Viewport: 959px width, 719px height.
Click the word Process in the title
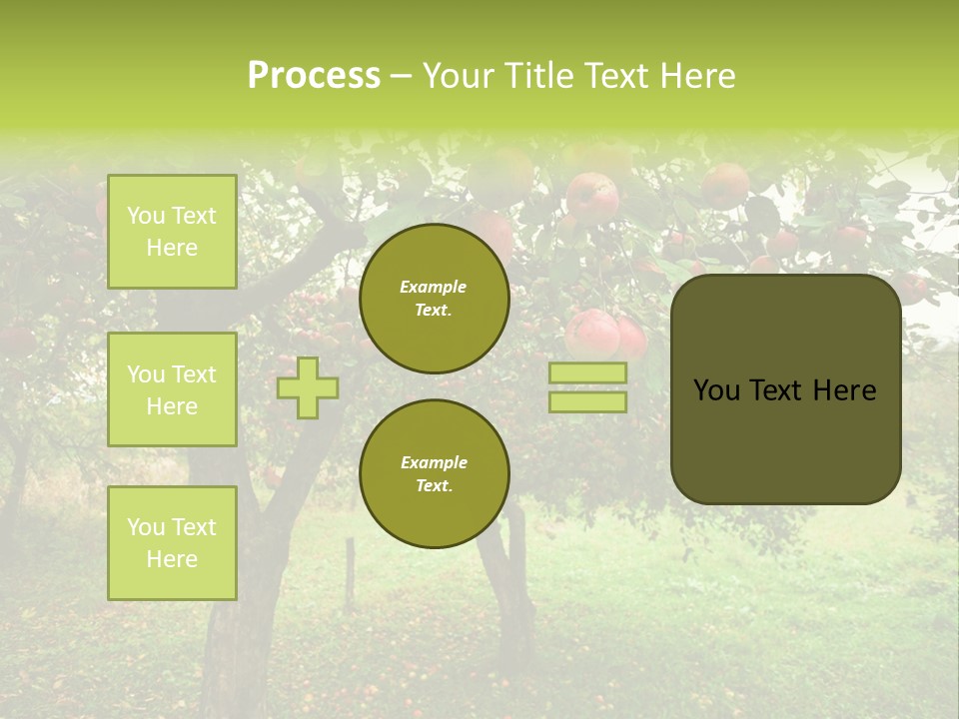click(314, 76)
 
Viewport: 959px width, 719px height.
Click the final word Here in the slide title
click(698, 76)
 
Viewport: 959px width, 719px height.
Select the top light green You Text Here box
click(172, 232)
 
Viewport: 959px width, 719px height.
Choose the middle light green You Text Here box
click(172, 389)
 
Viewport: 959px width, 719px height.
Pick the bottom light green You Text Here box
click(172, 543)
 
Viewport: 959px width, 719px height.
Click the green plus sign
click(308, 387)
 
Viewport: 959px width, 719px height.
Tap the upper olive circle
click(435, 299)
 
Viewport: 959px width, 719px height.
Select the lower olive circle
click(435, 474)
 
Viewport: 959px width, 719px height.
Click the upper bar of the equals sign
click(587, 372)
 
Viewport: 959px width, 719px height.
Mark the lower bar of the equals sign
click(587, 401)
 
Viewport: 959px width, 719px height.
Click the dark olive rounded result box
click(786, 389)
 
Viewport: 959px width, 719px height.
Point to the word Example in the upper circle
click(434, 287)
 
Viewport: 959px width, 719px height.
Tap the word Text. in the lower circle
click(434, 485)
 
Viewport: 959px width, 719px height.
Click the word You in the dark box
click(716, 390)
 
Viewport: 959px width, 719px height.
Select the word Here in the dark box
click(846, 390)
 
